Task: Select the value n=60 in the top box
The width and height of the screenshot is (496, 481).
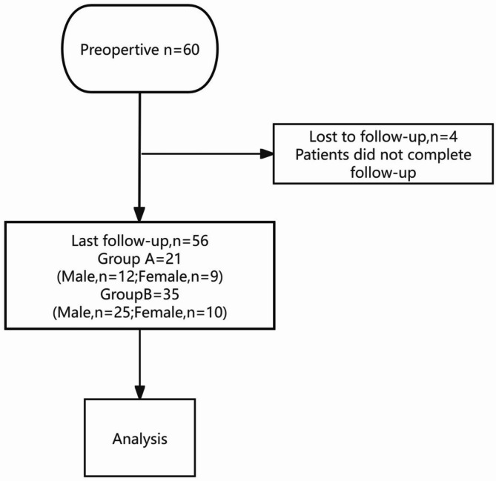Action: (x=176, y=53)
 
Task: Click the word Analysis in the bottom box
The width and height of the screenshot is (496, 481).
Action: (x=140, y=438)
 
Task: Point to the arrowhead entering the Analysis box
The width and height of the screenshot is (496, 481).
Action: (x=140, y=392)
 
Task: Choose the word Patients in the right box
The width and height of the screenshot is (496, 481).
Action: (x=329, y=154)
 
